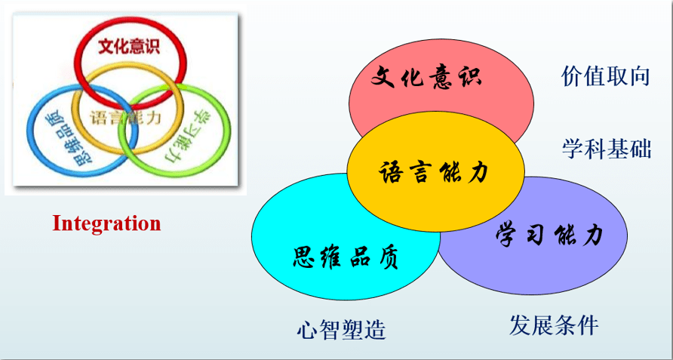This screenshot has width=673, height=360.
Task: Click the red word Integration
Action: pos(106,223)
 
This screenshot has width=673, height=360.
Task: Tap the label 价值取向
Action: pos(605,76)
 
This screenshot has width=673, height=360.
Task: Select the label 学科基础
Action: pos(607,149)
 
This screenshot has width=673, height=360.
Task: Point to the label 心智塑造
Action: pos(341,330)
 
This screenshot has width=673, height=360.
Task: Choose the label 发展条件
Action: pos(554,325)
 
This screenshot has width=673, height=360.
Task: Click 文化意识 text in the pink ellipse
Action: pos(426,76)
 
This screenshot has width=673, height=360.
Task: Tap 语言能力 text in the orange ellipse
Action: pos(434,172)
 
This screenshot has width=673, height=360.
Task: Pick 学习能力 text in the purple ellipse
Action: pos(549,234)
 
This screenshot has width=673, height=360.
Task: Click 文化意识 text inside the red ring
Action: pos(129,46)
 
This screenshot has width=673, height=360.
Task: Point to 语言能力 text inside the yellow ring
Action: pos(125,117)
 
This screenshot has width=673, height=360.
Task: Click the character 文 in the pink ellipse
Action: pos(383,76)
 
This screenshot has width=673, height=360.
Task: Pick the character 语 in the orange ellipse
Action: pos(390,172)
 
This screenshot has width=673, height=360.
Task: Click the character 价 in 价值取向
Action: pos(572,76)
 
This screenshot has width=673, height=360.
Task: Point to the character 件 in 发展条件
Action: pos(588,325)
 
